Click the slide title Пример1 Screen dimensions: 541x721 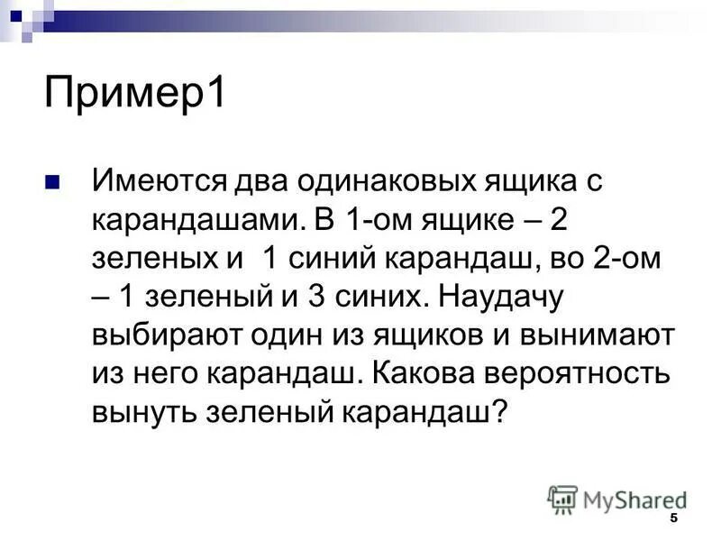tap(134, 94)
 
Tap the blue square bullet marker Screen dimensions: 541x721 tap(52, 181)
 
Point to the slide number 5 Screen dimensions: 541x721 tap(673, 522)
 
